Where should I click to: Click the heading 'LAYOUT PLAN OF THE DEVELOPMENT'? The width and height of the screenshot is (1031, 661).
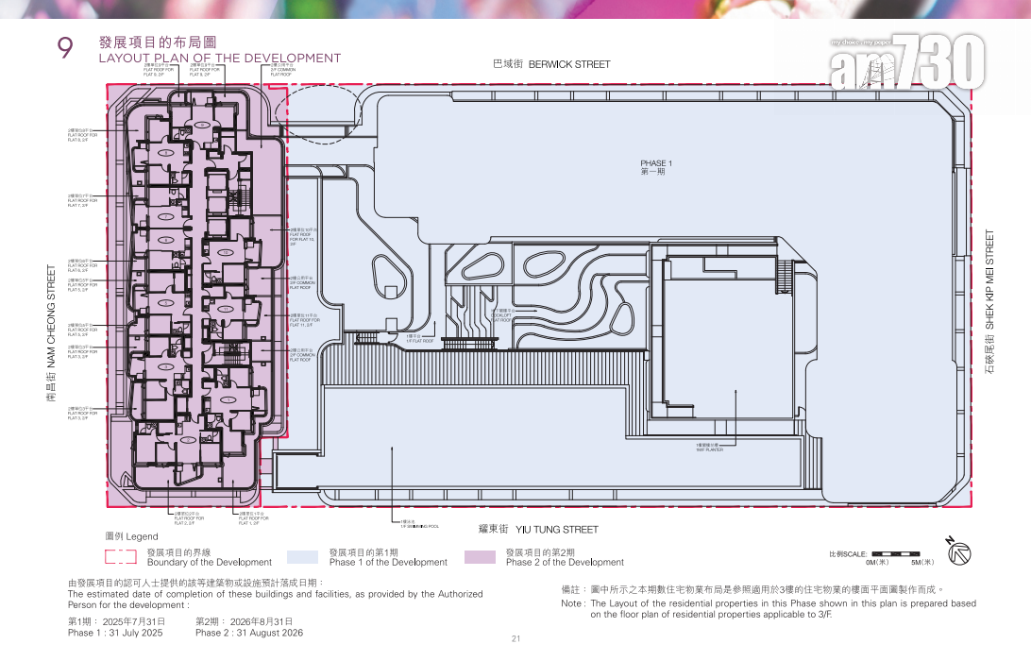[219, 59]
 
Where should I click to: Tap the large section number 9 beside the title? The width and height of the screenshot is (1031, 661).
[66, 49]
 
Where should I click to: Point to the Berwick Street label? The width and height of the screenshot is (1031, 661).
[551, 64]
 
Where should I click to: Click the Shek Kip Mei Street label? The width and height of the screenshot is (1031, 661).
[989, 302]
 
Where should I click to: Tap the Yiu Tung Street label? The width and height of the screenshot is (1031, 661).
[538, 530]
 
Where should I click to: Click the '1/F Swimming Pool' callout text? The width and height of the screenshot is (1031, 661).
[419, 524]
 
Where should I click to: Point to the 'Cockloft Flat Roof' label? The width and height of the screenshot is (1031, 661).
[502, 315]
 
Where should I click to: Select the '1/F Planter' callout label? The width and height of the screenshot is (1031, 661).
[708, 448]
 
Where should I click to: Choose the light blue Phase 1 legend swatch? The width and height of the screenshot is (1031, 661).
[302, 557]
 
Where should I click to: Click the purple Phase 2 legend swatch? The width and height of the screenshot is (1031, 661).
[480, 557]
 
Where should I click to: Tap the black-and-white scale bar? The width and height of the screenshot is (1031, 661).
[896, 553]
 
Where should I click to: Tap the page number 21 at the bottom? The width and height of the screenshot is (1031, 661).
[515, 639]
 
